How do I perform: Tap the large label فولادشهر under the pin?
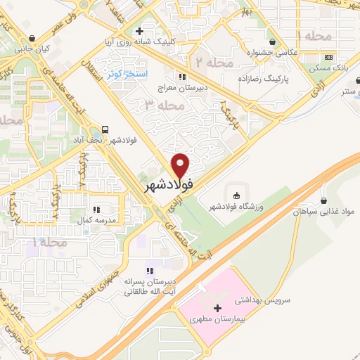[169, 187]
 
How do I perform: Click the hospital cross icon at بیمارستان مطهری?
[217, 308]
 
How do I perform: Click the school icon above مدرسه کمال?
[97, 209]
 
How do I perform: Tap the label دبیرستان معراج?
[184, 88]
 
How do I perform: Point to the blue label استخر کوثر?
[126, 73]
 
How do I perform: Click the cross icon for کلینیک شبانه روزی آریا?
[140, 31]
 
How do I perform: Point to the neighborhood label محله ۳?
[163, 105]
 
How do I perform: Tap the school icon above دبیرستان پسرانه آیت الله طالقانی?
[149, 271]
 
